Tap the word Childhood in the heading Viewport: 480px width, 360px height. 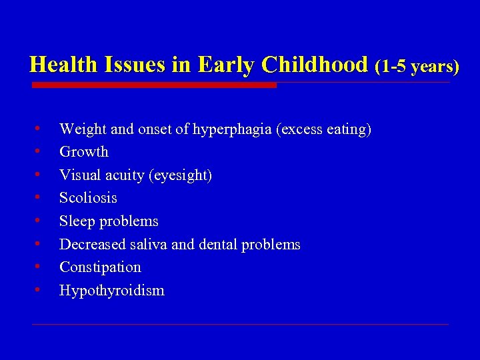point(314,65)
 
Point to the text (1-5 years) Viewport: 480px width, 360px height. point(417,66)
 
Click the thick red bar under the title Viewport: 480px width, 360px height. point(154,85)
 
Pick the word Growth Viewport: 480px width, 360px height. point(83,152)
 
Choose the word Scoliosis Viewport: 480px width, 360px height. point(88,198)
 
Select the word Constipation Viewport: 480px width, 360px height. point(100,267)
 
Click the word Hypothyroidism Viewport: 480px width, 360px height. point(111,291)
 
